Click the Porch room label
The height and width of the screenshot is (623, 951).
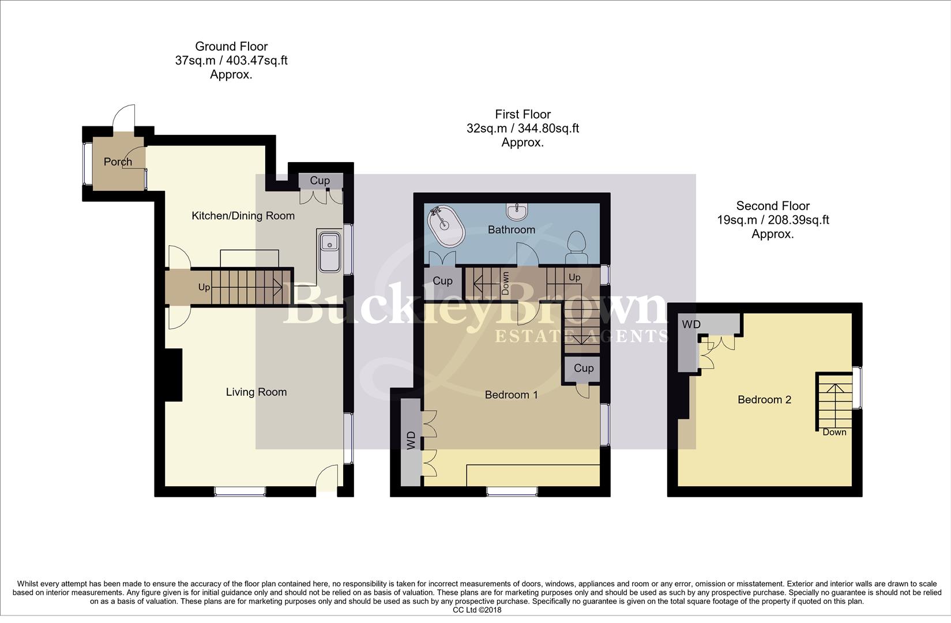click(118, 162)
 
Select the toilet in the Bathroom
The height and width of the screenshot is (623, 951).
click(576, 247)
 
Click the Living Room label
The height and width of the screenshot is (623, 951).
click(256, 392)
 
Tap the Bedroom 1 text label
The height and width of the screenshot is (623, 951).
click(511, 395)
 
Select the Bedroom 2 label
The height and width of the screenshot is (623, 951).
click(764, 400)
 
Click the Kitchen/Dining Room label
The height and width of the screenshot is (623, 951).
click(243, 216)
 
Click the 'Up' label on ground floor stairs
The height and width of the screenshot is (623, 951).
click(204, 287)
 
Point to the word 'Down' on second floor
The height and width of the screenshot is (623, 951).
click(834, 432)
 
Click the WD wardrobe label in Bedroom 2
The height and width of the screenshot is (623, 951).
click(691, 325)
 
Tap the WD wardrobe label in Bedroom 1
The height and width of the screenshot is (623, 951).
click(411, 441)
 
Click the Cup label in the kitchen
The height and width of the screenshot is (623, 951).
click(319, 181)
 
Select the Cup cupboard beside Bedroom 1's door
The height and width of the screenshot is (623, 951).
click(583, 368)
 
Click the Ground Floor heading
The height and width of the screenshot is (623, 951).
click(231, 46)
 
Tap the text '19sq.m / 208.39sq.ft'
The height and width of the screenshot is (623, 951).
click(773, 220)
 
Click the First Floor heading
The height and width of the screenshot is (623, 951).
click(523, 114)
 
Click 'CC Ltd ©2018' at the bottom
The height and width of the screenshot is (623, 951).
click(476, 610)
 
